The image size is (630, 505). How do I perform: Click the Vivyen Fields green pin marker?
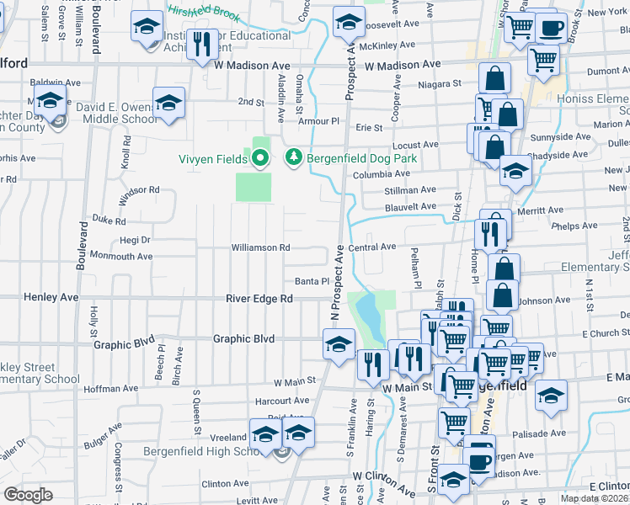tap(259, 157)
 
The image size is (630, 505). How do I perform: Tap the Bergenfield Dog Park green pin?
tap(293, 157)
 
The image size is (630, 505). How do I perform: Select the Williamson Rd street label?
tap(262, 247)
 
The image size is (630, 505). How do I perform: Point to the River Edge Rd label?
tap(259, 299)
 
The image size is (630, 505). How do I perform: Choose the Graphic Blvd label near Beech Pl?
tap(124, 344)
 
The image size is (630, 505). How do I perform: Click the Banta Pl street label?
tap(310, 281)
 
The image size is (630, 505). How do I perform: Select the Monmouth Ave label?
tap(120, 256)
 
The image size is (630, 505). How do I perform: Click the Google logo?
tap(28, 495)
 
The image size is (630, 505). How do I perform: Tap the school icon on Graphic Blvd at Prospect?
tap(339, 344)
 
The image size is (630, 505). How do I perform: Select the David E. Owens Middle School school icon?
tap(168, 104)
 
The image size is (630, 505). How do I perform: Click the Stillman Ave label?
tap(410, 190)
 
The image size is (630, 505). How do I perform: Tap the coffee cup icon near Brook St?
tap(551, 28)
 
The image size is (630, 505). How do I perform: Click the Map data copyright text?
tap(595, 498)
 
